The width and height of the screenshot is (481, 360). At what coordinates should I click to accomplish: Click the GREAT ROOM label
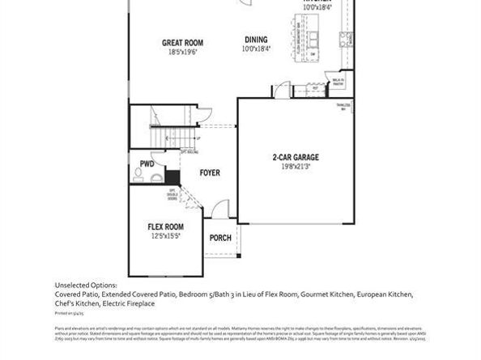click(182, 43)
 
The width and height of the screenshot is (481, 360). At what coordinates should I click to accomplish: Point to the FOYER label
click(210, 173)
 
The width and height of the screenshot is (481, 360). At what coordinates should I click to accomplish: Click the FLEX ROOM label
click(164, 227)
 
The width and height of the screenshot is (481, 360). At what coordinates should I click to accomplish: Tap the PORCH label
click(220, 238)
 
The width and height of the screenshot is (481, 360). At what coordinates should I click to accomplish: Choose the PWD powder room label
click(147, 163)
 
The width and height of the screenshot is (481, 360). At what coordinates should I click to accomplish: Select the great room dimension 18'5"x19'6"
click(182, 53)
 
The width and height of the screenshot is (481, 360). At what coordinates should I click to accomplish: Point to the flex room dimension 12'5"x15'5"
click(164, 236)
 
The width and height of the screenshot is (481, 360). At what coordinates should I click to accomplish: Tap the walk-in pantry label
click(338, 81)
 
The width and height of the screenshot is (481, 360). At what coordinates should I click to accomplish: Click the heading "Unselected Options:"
click(86, 285)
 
